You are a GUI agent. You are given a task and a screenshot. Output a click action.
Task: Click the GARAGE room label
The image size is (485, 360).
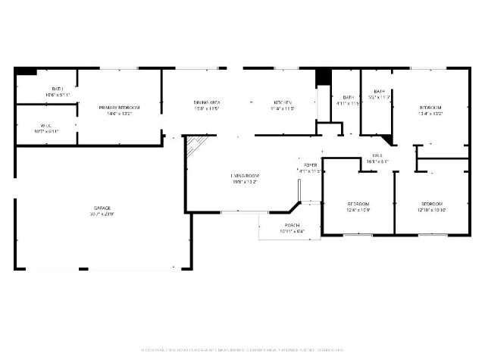(x=102, y=208)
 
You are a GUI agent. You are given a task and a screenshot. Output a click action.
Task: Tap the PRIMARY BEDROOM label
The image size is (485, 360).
(x=119, y=108)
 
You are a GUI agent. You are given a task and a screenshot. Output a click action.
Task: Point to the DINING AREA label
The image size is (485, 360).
(x=206, y=102)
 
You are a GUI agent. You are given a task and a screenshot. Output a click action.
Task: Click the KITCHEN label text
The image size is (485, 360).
(x=283, y=102)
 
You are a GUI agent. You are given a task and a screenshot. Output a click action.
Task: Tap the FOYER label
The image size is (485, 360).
(x=311, y=164)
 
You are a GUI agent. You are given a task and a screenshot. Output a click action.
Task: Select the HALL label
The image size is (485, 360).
(x=377, y=155)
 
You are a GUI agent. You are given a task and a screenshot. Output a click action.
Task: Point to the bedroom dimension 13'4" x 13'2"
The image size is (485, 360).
(x=430, y=114)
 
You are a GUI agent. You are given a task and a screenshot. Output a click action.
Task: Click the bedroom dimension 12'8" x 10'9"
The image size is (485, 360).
(x=358, y=211)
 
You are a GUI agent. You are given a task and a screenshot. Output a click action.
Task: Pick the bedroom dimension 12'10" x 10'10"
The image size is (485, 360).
(x=431, y=211)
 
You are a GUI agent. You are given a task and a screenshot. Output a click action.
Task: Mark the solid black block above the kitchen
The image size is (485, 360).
(x=323, y=77)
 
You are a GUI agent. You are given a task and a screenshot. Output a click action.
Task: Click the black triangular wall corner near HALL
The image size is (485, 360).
(x=388, y=140)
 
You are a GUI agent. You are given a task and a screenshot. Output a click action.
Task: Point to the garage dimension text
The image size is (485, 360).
(x=102, y=214)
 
